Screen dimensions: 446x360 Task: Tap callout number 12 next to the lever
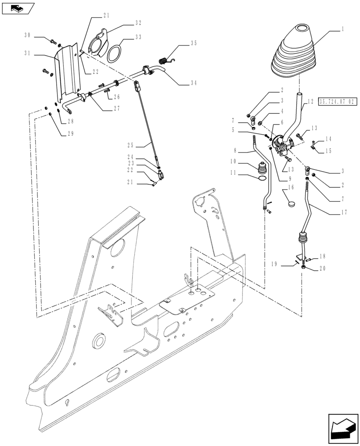pyautogui.click(x=311, y=102)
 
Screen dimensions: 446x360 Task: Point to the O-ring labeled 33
pyautogui.click(x=114, y=52)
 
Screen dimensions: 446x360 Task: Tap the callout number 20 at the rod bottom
pyautogui.click(x=323, y=269)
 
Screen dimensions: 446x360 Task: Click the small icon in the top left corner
pyautogui.click(x=17, y=7)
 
